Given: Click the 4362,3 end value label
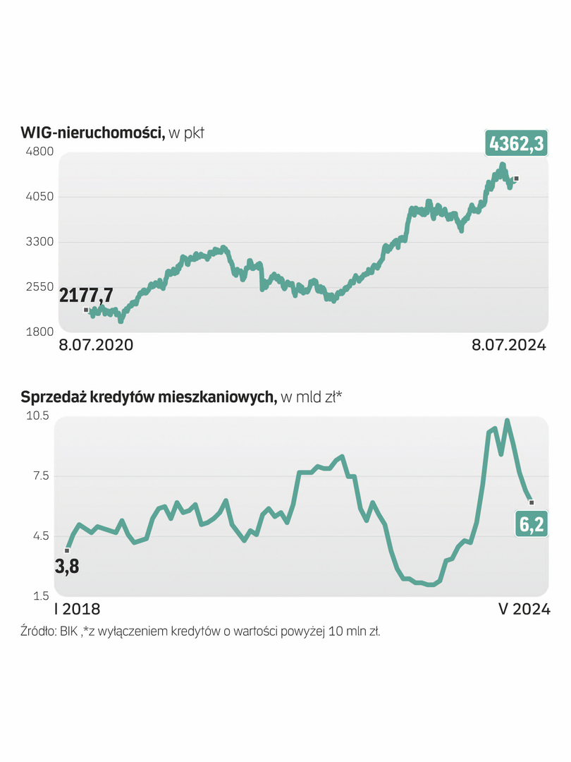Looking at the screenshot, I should point(516,143).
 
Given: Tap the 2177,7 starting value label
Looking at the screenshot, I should point(86,295).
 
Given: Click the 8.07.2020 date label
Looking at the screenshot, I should point(95,345).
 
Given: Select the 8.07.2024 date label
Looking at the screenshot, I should point(508,345).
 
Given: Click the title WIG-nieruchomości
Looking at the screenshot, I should point(92,132).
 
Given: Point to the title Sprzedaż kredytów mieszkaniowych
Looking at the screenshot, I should point(148,397).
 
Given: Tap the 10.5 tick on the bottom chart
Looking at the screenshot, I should point(37,416).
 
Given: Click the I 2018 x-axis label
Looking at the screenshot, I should point(78,610).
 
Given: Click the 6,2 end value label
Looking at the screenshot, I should point(532,526).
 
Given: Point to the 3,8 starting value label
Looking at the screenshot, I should point(67,566).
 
